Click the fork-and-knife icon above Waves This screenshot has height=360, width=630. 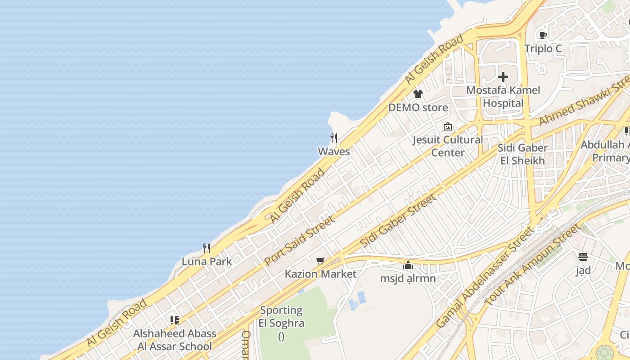(x=333, y=138)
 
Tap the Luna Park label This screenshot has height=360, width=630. (x=207, y=261)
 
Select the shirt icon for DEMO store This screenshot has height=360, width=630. (x=418, y=94)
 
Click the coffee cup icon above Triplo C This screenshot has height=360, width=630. (x=543, y=35)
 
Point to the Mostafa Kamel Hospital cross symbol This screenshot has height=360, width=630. (x=503, y=77)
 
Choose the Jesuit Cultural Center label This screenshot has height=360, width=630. (x=448, y=146)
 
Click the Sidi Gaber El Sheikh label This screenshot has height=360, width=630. (x=522, y=154)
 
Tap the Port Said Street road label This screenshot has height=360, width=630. (x=299, y=240)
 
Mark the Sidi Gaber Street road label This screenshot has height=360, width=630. (x=398, y=220)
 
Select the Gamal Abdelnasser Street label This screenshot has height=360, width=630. (x=484, y=278)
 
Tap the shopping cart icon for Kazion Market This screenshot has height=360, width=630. (x=320, y=261)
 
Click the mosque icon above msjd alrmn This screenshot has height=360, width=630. (x=408, y=265)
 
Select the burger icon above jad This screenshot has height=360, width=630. (x=583, y=257)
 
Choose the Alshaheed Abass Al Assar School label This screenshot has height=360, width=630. (x=175, y=340)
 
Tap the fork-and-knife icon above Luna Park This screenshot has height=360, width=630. (x=207, y=248)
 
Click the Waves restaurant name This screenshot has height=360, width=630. (x=334, y=152)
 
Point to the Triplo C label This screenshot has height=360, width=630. (x=543, y=49)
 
